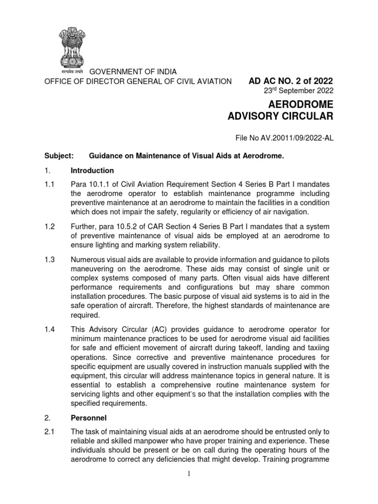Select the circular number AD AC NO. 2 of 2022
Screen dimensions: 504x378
tap(291, 81)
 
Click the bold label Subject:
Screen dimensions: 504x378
tap(59, 156)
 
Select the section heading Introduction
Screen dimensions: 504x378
tap(93, 170)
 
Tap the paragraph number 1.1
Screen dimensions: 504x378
tap(50, 184)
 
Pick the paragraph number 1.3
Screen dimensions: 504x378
tap(50, 259)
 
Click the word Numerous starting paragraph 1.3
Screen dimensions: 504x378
tap(88, 259)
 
